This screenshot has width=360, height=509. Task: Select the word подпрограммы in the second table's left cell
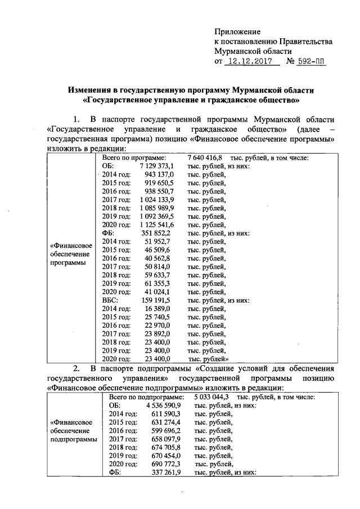click(73, 439)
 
